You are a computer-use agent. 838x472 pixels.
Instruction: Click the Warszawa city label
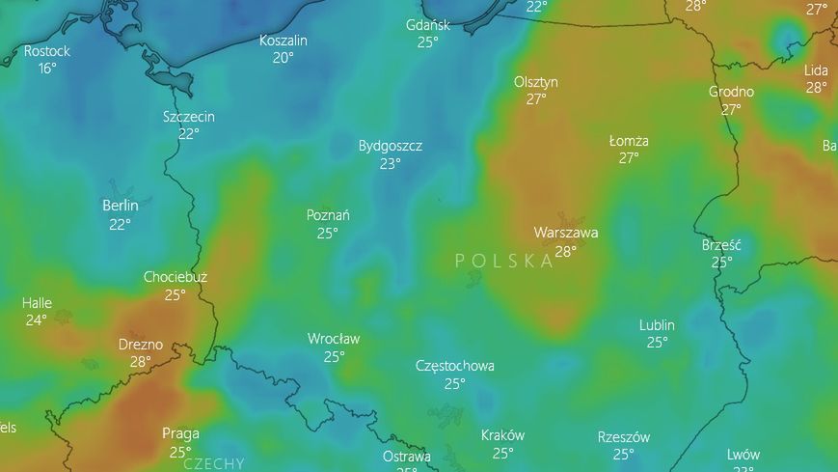[566, 233]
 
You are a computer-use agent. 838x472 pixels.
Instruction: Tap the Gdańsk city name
[428, 25]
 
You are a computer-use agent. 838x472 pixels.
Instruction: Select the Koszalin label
[284, 41]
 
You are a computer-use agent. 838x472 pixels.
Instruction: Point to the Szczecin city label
[189, 117]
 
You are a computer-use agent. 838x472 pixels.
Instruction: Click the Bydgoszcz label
[391, 146]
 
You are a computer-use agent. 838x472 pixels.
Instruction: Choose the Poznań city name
[328, 215]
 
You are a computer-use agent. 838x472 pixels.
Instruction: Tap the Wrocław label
[334, 339]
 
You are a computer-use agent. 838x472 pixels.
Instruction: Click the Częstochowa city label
[455, 366]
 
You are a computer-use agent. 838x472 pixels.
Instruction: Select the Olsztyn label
[536, 82]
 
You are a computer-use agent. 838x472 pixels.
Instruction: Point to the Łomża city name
[629, 141]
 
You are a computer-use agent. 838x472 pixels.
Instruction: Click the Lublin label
[657, 325]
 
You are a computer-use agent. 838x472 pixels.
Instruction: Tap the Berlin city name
[121, 206]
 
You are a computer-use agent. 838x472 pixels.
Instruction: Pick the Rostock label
[47, 51]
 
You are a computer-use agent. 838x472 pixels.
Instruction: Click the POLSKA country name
[504, 261]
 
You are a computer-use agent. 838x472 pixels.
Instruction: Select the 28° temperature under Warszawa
[566, 251]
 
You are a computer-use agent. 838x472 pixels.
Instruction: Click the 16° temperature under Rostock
[47, 69]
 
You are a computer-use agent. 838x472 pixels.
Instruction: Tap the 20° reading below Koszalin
[284, 58]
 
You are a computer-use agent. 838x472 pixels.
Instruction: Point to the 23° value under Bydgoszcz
[391, 164]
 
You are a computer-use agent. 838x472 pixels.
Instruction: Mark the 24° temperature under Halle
[37, 320]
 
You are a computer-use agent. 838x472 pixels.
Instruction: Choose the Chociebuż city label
[176, 277]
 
